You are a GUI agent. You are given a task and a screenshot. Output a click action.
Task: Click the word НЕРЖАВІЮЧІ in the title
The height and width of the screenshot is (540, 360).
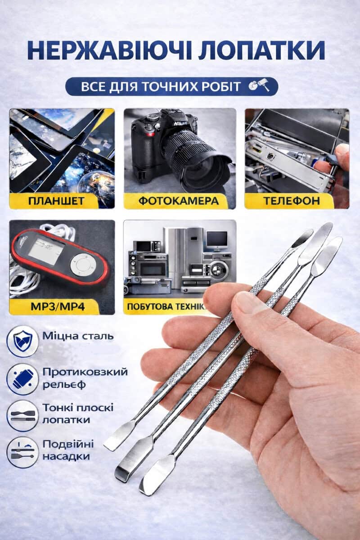point(109,50)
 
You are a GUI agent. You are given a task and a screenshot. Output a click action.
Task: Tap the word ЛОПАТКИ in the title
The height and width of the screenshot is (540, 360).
point(261,50)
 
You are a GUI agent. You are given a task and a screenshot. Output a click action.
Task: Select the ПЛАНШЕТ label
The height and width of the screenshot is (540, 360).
point(56,201)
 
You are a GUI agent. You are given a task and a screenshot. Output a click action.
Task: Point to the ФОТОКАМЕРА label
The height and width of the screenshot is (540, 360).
point(179,201)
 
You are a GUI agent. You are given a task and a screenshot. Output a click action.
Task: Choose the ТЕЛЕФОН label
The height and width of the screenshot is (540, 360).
point(292,201)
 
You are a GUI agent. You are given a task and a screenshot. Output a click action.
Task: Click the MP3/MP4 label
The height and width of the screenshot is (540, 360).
point(58,306)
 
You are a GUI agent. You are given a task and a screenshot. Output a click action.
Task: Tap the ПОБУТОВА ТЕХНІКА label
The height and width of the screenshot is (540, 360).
point(167,306)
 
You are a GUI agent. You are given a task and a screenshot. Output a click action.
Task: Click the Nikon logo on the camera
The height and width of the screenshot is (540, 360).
point(180,124)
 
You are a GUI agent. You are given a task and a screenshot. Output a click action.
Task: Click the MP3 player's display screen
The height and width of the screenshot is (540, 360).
point(46,251)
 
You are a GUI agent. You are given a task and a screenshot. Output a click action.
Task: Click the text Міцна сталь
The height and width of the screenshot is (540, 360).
point(78,336)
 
